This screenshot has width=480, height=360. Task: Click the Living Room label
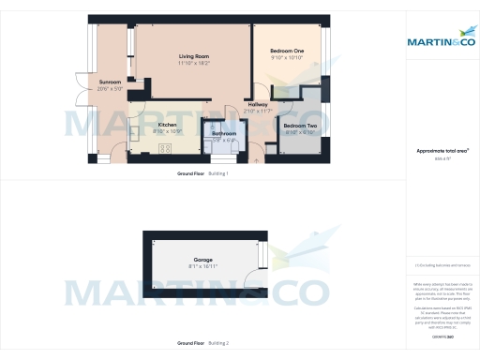194,57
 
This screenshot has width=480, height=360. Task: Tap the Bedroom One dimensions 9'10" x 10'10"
288,57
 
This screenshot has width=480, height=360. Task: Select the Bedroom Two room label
299,126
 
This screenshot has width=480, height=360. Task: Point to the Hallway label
257,104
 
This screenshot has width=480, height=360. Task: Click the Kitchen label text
167,125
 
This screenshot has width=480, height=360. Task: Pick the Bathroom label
223,134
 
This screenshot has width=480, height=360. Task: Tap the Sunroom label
110,82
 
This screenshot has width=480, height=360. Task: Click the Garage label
203,259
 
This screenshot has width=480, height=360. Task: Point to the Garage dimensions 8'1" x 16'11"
203,266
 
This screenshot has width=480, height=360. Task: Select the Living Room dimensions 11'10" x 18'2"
194,64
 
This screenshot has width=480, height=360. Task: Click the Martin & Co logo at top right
439,41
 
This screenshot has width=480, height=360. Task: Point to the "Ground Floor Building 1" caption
202,174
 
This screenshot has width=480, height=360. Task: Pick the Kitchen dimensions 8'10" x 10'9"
167,131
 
